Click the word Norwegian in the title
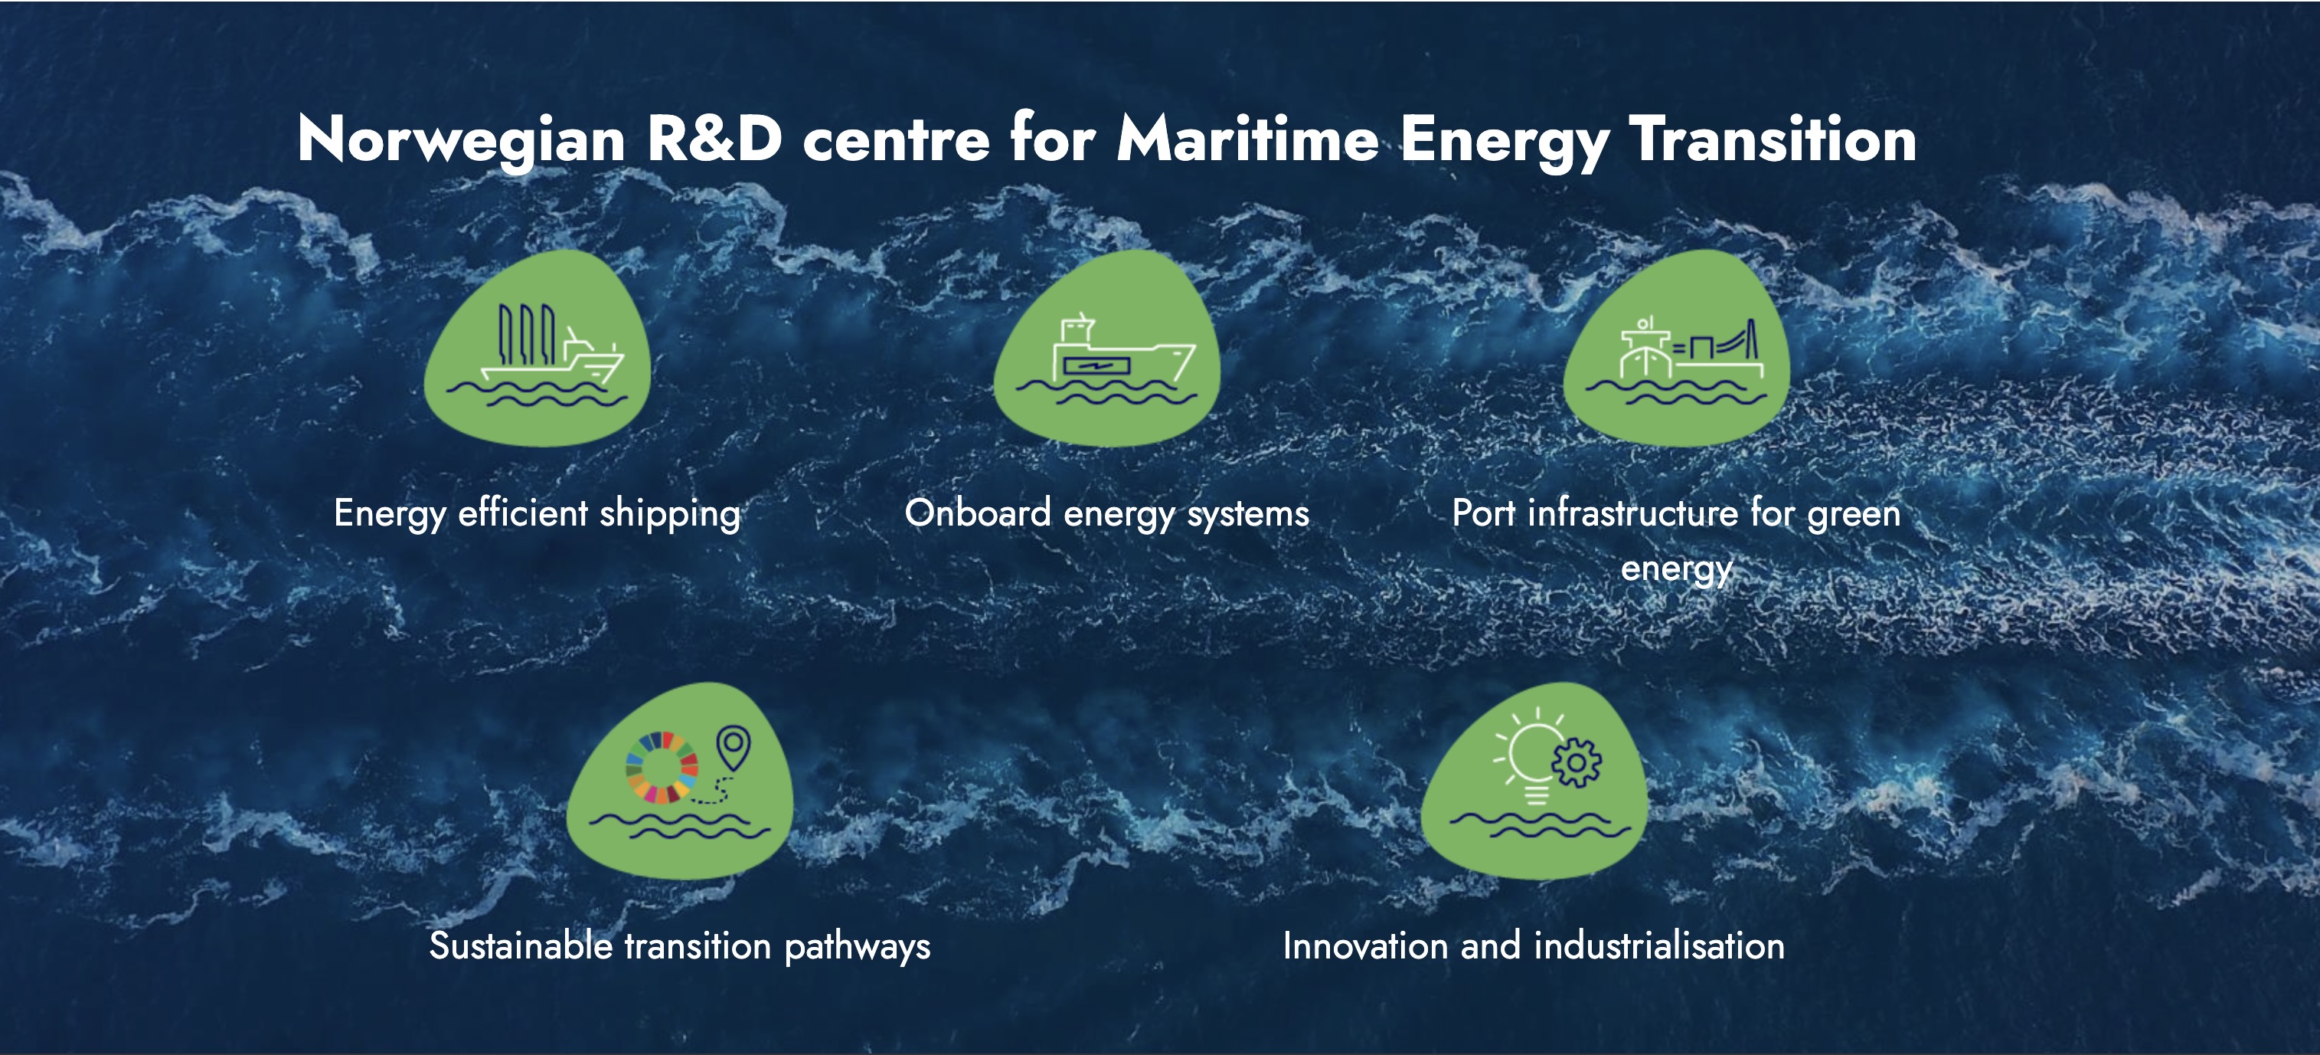[x=461, y=140]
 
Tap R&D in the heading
[x=714, y=139]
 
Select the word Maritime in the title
[x=1247, y=139]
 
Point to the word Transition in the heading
[x=1773, y=139]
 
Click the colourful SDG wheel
[x=662, y=767]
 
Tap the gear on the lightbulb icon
[x=1576, y=763]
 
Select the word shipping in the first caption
[x=670, y=514]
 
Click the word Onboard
[x=978, y=513]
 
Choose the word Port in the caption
[x=1483, y=513]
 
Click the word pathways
[x=858, y=947]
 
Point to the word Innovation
[x=1364, y=945]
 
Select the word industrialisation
[x=1659, y=945]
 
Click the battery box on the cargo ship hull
[x=1096, y=365]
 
